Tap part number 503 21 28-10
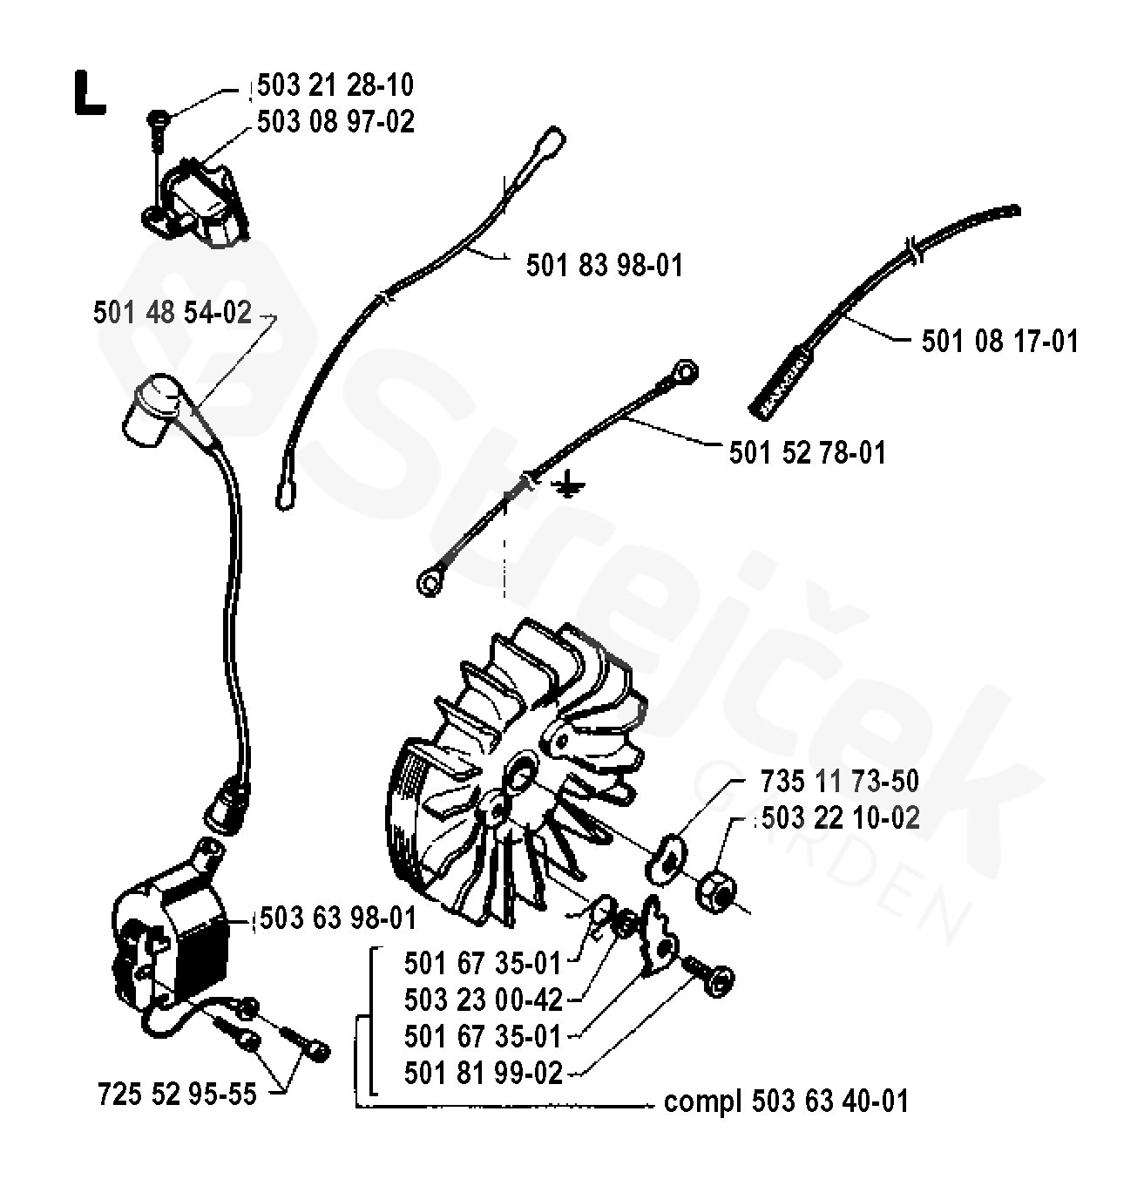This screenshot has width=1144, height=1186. pyautogui.click(x=335, y=85)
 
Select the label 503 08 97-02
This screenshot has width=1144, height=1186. pyautogui.click(x=335, y=122)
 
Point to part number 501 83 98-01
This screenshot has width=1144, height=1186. pyautogui.click(x=605, y=265)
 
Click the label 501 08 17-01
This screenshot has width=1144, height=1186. pyautogui.click(x=1000, y=341)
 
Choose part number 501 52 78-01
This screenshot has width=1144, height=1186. pyautogui.click(x=808, y=453)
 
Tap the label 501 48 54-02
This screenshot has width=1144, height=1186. pyautogui.click(x=173, y=313)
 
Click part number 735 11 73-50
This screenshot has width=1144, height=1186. pyautogui.click(x=839, y=781)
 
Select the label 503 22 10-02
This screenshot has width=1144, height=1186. pyautogui.click(x=841, y=818)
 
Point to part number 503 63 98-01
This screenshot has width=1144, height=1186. pyautogui.click(x=337, y=918)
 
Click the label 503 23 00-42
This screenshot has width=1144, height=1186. pyautogui.click(x=484, y=1000)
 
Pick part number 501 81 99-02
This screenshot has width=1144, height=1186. pyautogui.click(x=484, y=1073)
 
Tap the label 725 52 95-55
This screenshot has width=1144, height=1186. pyautogui.click(x=178, y=1093)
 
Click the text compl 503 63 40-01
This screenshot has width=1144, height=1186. pyautogui.click(x=786, y=1101)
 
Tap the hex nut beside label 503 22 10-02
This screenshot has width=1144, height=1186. pyautogui.click(x=718, y=890)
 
